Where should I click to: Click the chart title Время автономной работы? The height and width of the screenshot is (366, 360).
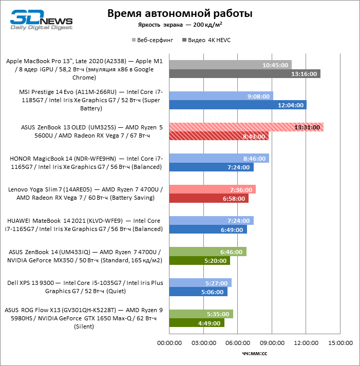pos(180,13)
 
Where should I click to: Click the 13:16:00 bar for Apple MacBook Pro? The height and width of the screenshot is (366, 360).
pos(244,74)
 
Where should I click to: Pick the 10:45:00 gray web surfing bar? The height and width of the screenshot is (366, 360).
pos(230,65)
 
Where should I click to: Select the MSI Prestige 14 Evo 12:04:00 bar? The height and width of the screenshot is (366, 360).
pos(238,105)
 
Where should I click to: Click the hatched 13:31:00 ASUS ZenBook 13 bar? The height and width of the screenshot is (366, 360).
pos(246,127)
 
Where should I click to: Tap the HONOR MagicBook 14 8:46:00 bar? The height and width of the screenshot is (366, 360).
pos(219,159)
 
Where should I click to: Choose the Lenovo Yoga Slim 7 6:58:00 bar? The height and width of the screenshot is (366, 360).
pos(209,199)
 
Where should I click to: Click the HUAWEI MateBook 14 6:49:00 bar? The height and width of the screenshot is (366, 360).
pos(207,230)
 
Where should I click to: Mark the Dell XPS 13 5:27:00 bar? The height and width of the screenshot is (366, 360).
pos(200,283)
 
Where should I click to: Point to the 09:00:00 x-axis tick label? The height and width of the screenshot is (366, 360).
pos(272,342)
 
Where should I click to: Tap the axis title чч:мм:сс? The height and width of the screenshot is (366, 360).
pos(254,353)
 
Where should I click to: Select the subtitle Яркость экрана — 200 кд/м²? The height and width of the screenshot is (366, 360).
pos(180,25)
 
